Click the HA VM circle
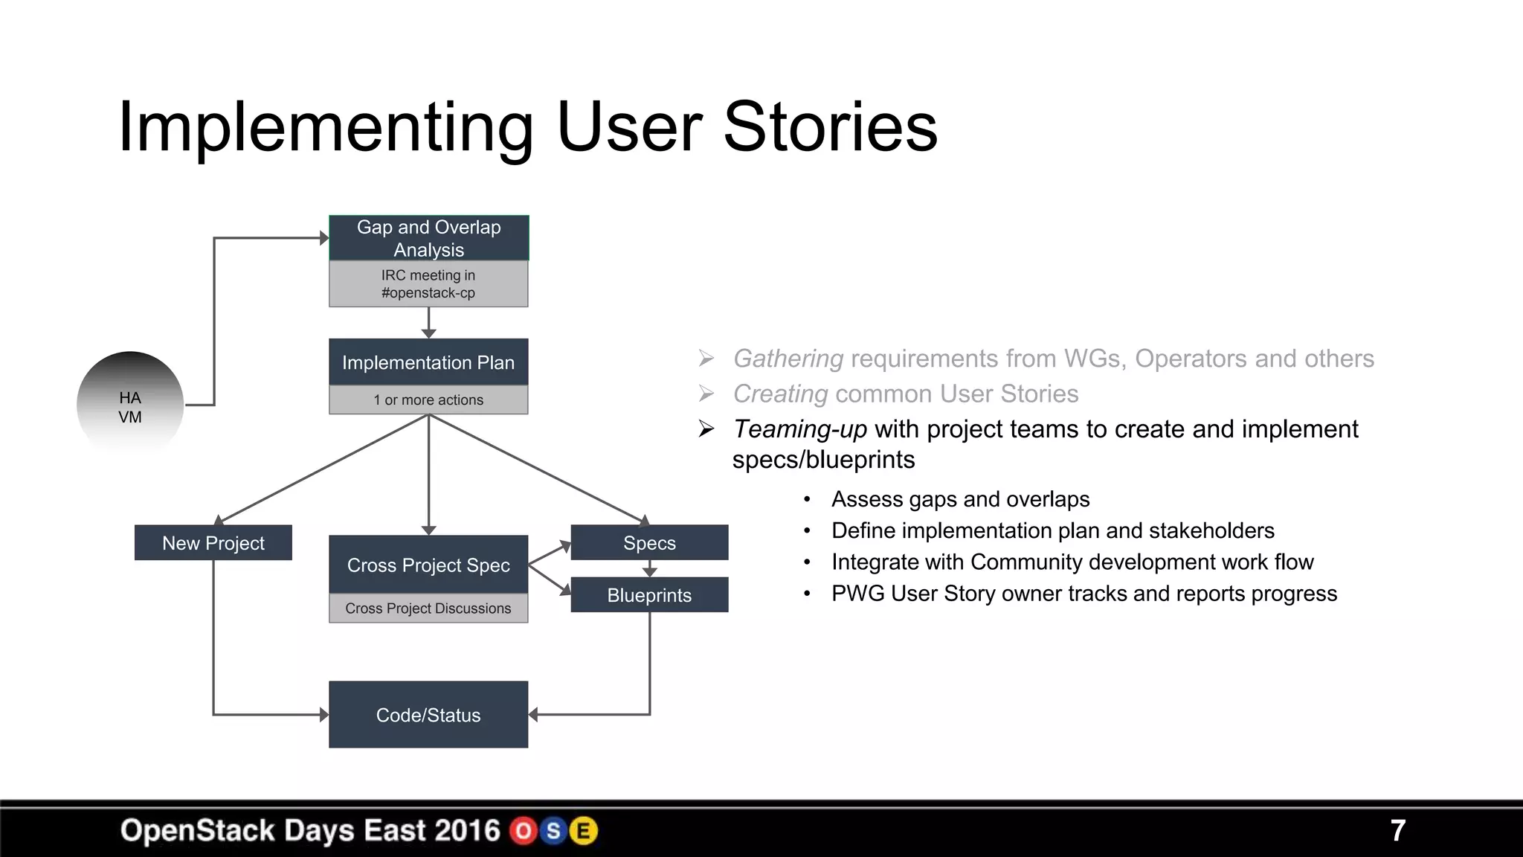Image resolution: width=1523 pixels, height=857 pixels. [130, 405]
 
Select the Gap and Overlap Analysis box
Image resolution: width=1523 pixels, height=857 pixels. [428, 238]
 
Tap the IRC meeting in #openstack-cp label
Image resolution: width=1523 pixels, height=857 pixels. [428, 283]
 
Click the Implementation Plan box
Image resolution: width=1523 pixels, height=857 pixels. [428, 362]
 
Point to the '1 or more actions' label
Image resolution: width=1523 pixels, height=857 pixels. [428, 399]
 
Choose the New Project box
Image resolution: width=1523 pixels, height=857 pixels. [213, 543]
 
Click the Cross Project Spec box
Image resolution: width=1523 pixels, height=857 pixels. [428, 565]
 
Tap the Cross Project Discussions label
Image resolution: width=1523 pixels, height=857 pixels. [428, 608]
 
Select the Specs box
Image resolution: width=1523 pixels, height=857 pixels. [649, 543]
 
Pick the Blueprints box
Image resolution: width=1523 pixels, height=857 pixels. [649, 595]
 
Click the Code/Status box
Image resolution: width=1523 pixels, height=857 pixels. [428, 715]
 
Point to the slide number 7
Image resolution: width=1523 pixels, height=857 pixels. [1397, 831]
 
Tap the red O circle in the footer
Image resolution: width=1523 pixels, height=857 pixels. [524, 831]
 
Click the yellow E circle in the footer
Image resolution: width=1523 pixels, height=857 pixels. [584, 831]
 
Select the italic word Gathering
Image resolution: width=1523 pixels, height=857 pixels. [788, 359]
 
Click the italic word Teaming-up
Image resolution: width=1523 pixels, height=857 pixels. [800, 429]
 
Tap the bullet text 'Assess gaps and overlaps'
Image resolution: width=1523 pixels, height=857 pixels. [960, 499]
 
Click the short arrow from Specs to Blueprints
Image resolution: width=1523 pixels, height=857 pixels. [649, 569]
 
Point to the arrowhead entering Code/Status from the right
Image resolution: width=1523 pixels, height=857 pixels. [533, 715]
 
